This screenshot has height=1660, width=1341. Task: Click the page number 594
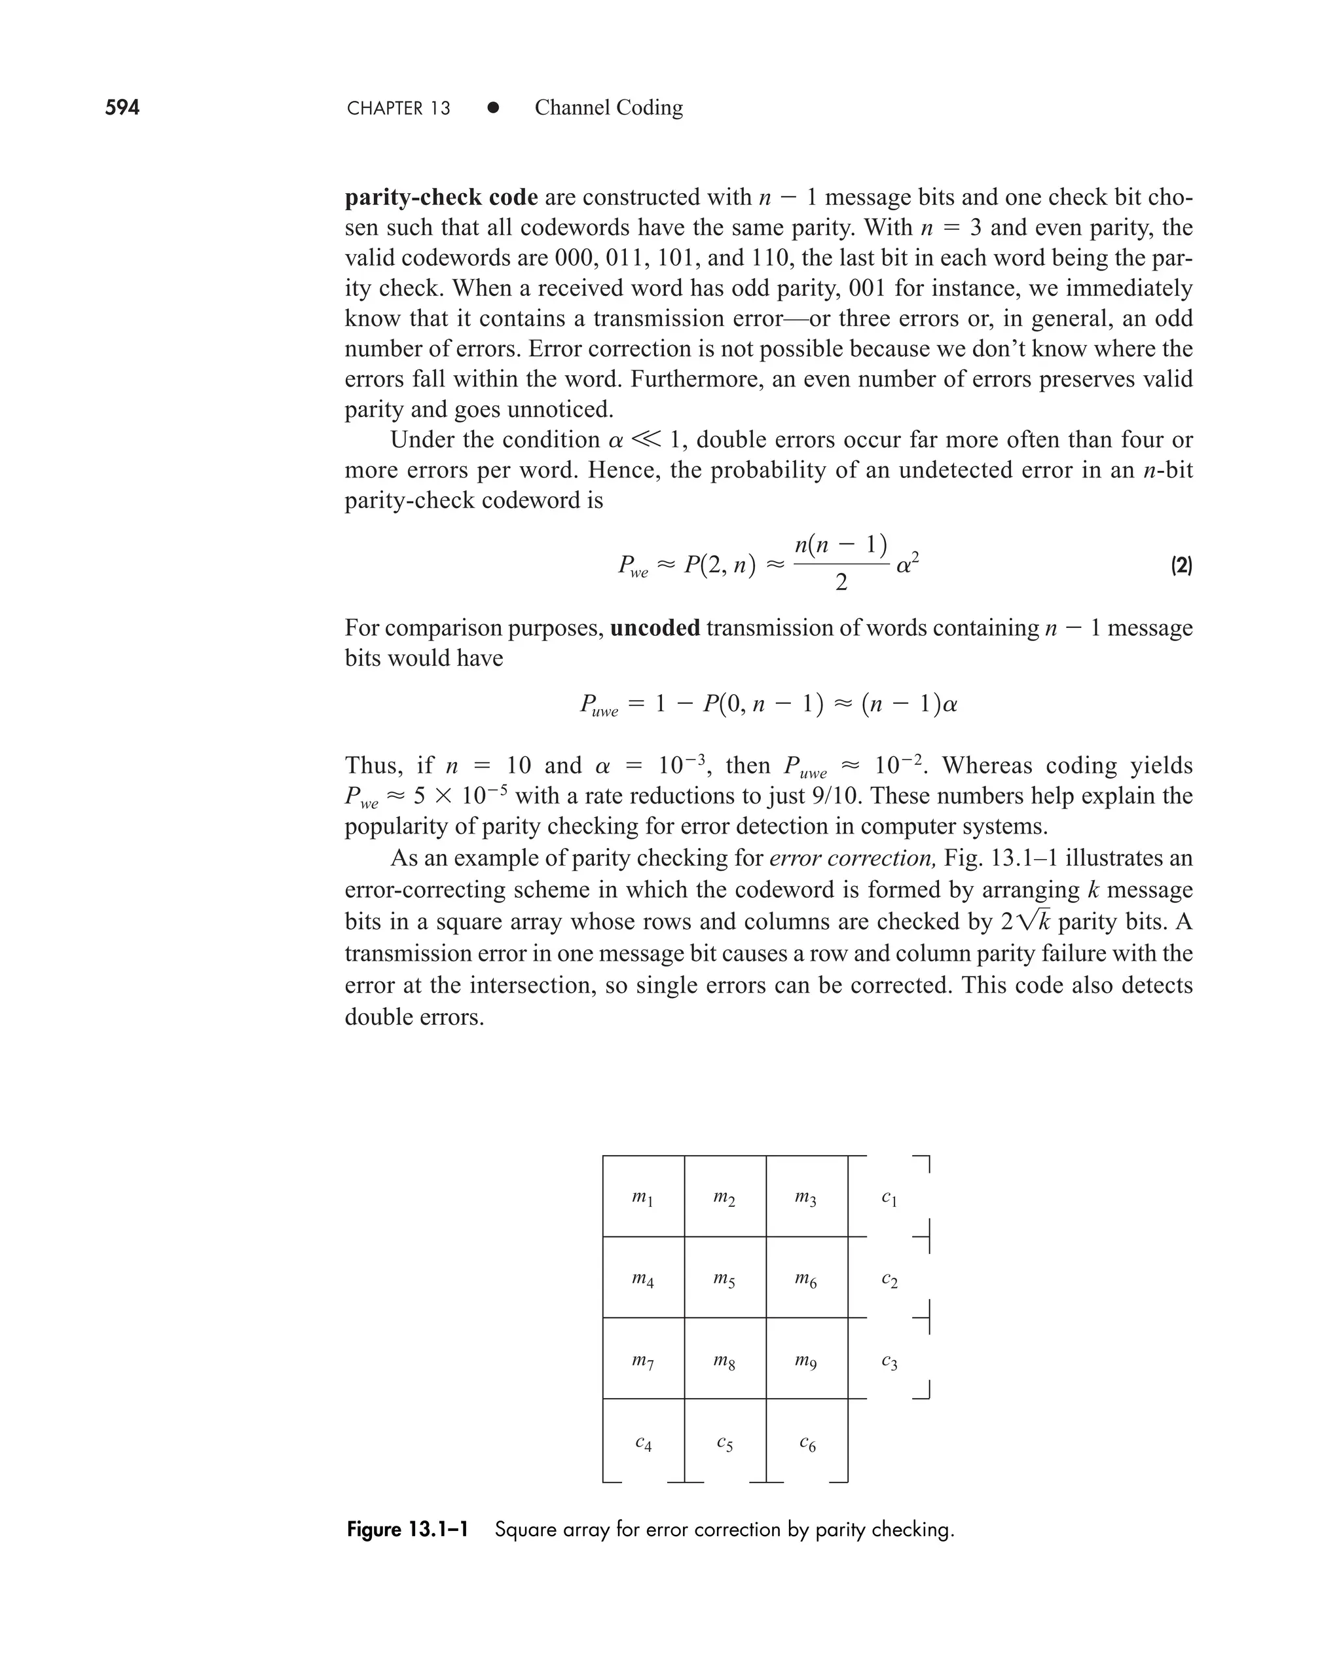tap(122, 107)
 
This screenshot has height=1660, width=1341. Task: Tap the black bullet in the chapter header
tap(493, 108)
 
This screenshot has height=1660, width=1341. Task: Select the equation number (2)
tap(1181, 566)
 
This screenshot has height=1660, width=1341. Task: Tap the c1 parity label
tap(889, 1198)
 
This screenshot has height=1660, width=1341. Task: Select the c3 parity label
tap(889, 1362)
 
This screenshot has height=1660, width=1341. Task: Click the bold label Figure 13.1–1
tap(407, 1530)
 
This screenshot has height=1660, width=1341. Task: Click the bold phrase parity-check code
tap(441, 198)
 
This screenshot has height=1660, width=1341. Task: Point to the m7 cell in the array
tap(643, 1361)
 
